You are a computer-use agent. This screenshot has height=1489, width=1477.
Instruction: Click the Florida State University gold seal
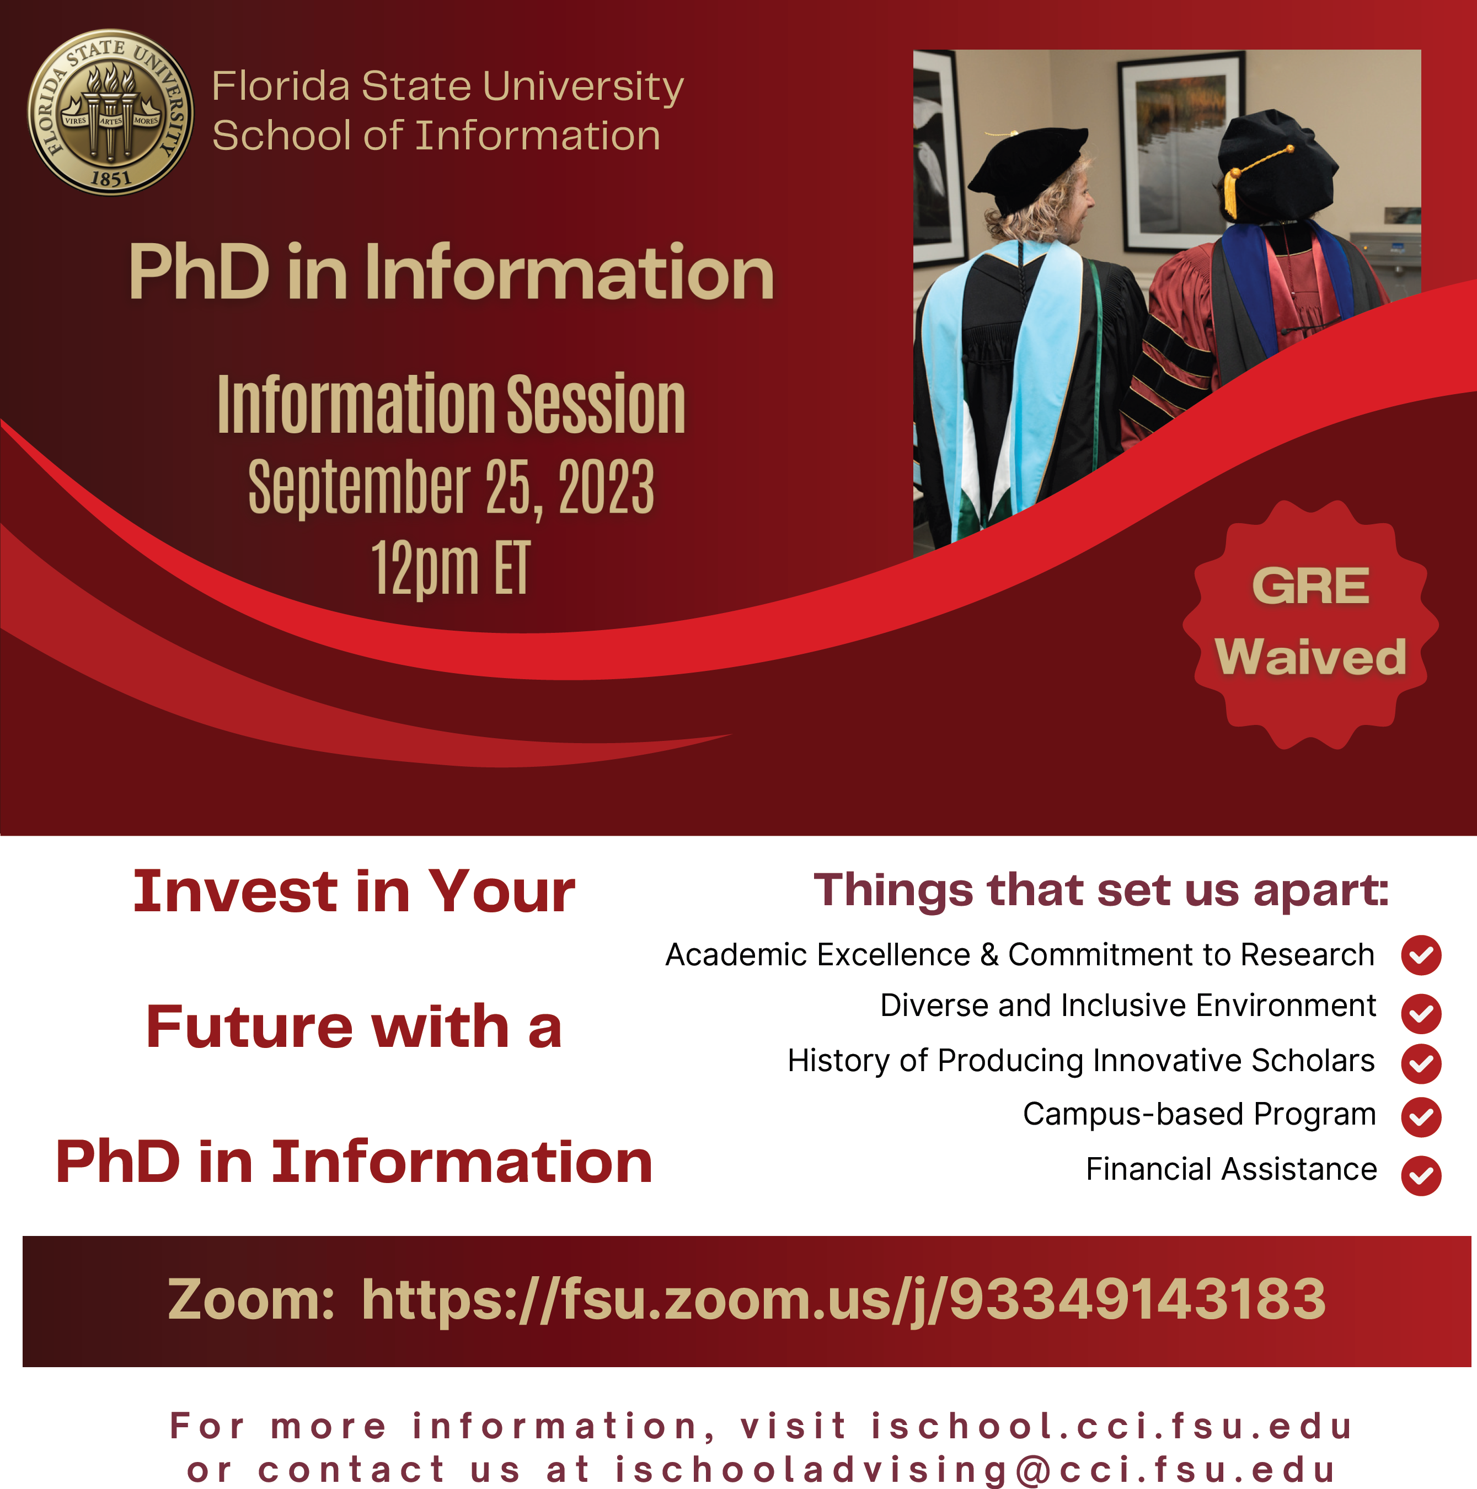point(110,112)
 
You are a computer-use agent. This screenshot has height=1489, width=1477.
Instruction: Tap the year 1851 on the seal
point(111,179)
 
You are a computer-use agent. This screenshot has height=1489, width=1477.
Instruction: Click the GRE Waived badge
point(1310,624)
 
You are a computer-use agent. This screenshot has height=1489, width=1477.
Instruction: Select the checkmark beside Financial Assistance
point(1421,1175)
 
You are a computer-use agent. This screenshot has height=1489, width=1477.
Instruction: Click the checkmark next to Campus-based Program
point(1421,1117)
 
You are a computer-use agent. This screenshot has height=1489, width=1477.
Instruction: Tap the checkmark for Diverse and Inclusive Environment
point(1421,1013)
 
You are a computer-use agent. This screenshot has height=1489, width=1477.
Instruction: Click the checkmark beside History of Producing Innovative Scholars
point(1421,1063)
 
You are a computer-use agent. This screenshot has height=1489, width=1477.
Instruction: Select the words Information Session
point(451,404)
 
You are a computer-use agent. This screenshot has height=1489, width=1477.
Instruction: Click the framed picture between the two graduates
point(1179,154)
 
